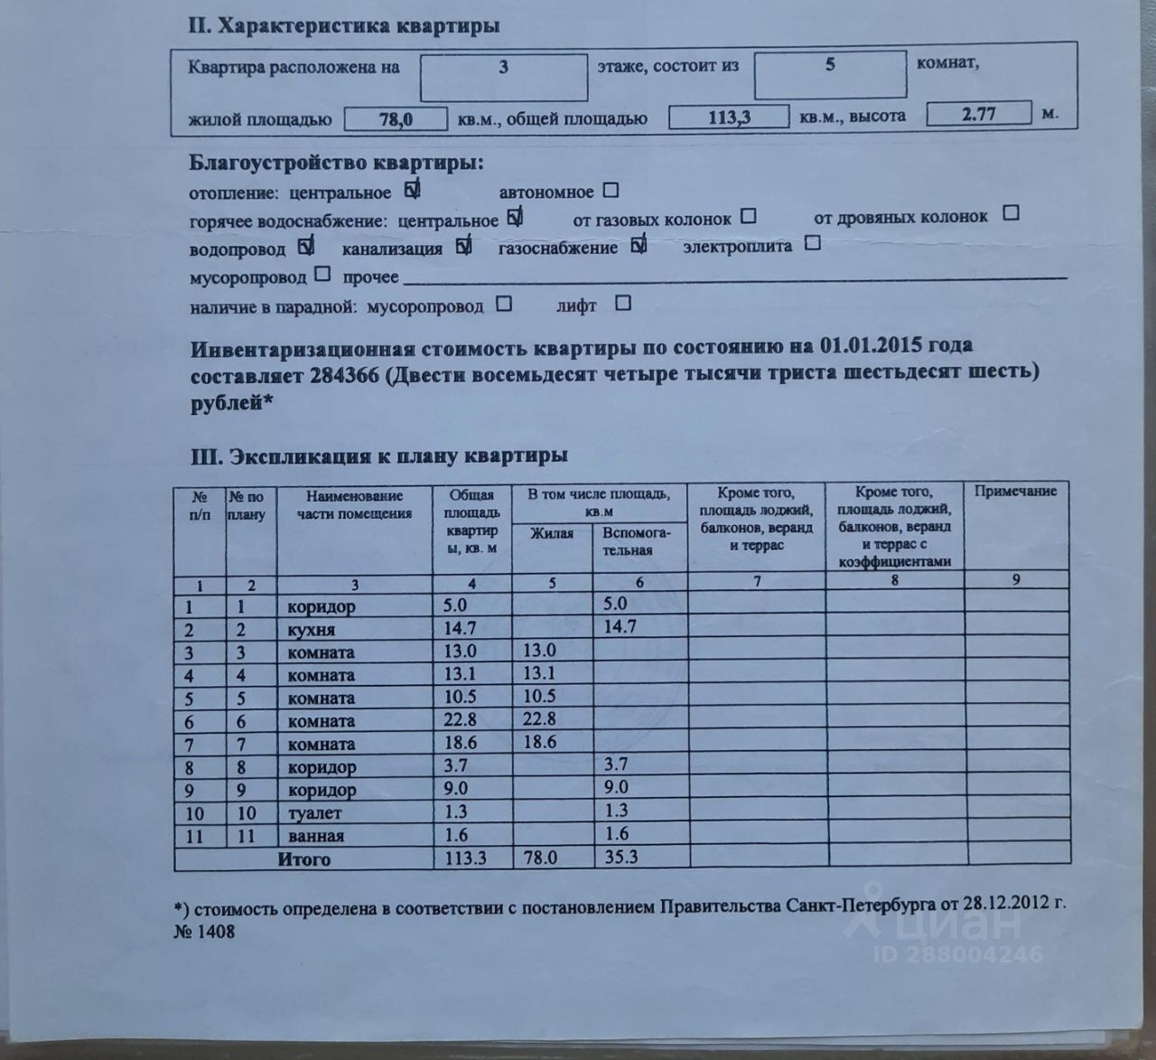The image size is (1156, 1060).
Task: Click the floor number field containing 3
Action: pyautogui.click(x=503, y=76)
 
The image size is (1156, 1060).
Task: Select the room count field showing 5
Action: pyautogui.click(x=829, y=74)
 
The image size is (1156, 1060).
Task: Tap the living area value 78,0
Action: pyautogui.click(x=396, y=118)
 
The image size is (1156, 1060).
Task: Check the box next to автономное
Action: pyautogui.click(x=611, y=191)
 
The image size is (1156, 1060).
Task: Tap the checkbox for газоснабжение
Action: pyautogui.click(x=639, y=245)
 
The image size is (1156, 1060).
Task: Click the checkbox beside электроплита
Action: pyautogui.click(x=812, y=243)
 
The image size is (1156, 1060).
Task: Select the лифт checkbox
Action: pyautogui.click(x=622, y=304)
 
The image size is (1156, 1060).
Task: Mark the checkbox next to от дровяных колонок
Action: pyautogui.click(x=1011, y=214)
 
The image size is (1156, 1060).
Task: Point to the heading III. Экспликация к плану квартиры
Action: pyautogui.click(x=378, y=456)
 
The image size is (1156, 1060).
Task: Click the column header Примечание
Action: pyautogui.click(x=1016, y=491)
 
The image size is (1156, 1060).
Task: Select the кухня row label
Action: pyautogui.click(x=311, y=630)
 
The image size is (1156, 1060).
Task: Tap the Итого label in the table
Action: pyautogui.click(x=304, y=859)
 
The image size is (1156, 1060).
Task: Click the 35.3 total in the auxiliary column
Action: pyautogui.click(x=620, y=857)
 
